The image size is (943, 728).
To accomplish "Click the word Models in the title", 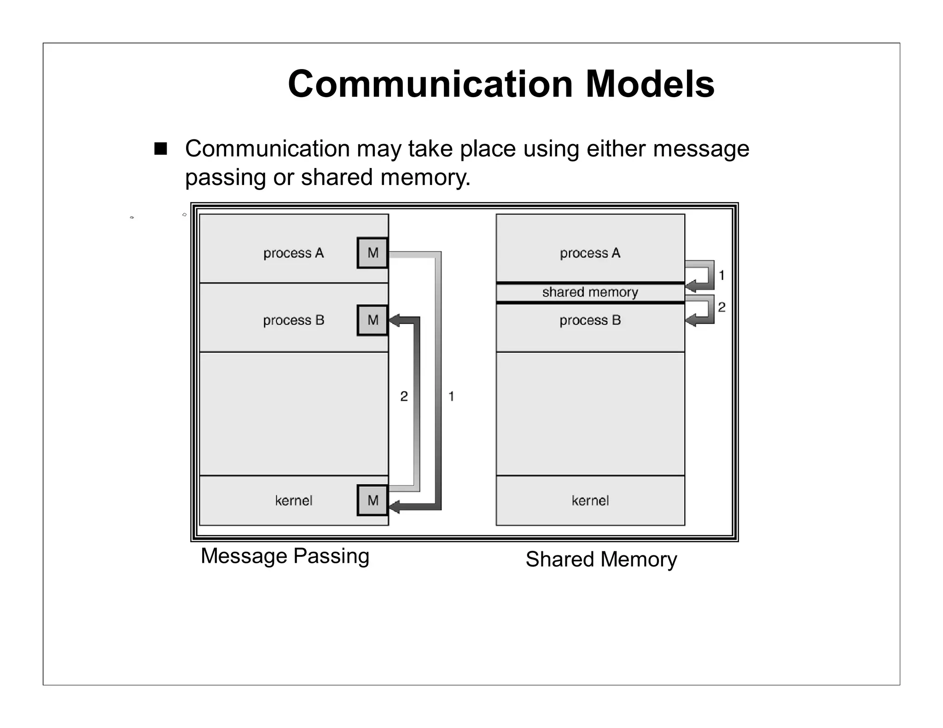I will coord(650,84).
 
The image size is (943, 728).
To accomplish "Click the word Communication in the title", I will coord(430,84).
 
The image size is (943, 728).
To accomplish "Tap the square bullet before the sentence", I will coord(160,149).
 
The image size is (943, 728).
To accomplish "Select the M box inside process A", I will coord(373,253).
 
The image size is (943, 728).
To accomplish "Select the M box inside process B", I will coord(373,320).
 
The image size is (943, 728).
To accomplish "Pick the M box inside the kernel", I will coord(373,500).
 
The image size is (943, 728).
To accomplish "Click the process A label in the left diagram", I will coord(293,253).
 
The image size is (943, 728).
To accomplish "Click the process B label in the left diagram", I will coord(293,320).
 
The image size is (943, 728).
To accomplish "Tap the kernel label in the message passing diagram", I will coord(293,501).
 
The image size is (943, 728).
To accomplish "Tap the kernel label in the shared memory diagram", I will coord(590,501).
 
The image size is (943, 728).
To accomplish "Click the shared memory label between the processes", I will coord(590,292).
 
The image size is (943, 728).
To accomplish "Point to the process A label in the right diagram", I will coord(590,253).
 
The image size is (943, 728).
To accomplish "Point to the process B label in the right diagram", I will coord(590,320).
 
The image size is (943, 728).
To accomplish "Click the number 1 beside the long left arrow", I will coord(451,396).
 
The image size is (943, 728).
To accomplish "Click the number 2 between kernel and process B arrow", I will coord(404,396).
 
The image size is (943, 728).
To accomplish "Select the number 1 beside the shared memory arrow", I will coord(722,275).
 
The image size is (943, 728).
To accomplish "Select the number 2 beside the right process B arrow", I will coord(722,307).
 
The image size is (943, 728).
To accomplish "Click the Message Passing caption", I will coord(285,556).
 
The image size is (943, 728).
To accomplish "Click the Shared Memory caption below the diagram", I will coord(601,560).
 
